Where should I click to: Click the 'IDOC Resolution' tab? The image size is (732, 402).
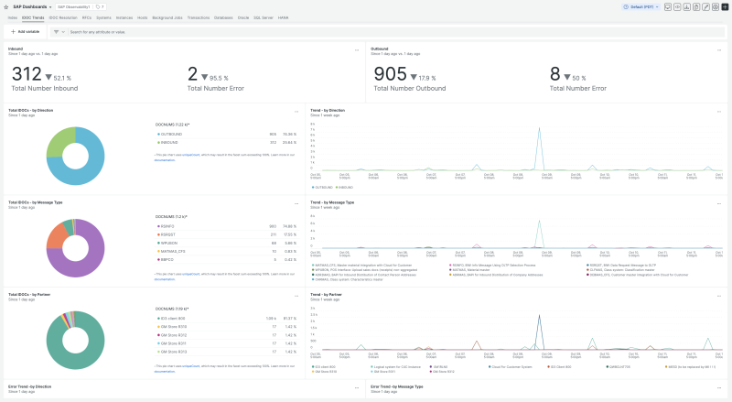[63, 17]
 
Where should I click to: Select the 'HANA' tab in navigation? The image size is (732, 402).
[284, 17]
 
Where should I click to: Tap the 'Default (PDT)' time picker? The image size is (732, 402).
[637, 6]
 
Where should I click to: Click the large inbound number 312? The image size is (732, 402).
[27, 74]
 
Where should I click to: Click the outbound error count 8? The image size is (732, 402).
[555, 74]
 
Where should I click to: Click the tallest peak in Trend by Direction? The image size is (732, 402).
[538, 128]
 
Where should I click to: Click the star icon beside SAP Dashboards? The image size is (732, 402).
[53, 6]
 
